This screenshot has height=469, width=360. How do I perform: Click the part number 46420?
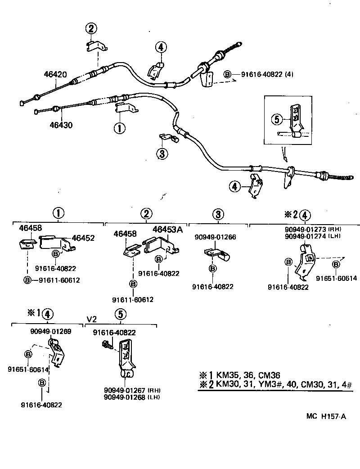(x=56, y=74)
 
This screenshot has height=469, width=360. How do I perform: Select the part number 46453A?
(x=167, y=230)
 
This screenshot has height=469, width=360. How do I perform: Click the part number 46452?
(x=83, y=238)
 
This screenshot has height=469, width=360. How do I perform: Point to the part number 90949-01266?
(x=215, y=237)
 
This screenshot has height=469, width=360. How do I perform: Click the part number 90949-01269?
(x=50, y=332)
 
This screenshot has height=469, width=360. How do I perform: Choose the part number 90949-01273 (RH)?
(x=310, y=229)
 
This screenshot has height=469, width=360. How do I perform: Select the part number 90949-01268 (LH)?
(x=132, y=397)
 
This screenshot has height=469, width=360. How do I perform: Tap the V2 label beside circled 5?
(x=91, y=319)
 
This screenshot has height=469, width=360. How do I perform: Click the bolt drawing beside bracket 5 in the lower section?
(x=107, y=344)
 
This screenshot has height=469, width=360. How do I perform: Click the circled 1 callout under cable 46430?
(x=120, y=128)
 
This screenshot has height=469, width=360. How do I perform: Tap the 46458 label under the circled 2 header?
(x=125, y=234)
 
